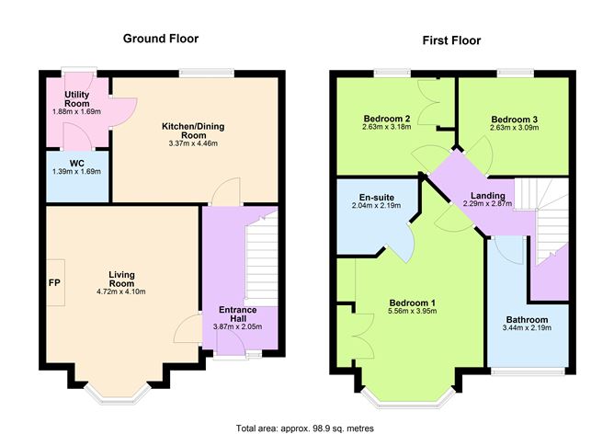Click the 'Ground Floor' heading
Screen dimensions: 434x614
click(161, 39)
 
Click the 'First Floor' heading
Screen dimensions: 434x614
click(451, 40)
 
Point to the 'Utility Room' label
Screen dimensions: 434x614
click(76, 99)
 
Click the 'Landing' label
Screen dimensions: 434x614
click(486, 195)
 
